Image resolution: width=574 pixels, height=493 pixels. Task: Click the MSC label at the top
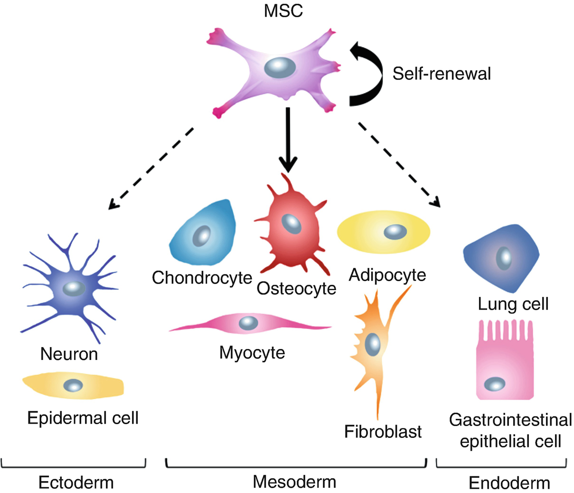(283, 11)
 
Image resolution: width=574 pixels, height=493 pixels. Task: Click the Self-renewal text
(442, 74)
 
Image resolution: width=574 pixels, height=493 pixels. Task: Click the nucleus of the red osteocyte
(290, 223)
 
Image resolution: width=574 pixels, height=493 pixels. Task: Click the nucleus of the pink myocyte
(248, 323)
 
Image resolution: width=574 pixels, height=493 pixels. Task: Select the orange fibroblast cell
(373, 342)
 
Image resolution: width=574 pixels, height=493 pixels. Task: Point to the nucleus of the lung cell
(504, 258)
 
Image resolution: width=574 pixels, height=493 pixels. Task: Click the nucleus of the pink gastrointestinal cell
(494, 384)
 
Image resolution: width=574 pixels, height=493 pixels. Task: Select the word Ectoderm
(76, 483)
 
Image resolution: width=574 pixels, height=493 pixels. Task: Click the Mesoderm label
(294, 482)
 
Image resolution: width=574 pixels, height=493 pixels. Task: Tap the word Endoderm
(509, 483)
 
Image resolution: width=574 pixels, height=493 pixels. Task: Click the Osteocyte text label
(296, 288)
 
